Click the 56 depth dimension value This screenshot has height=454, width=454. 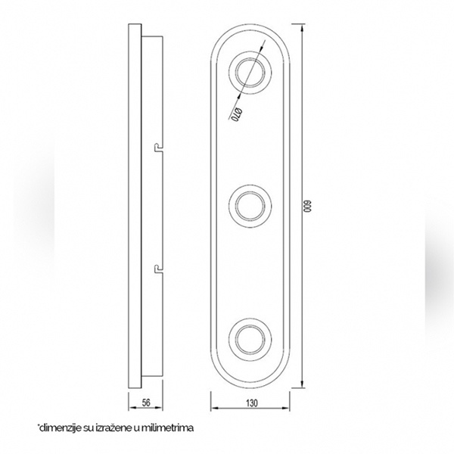pos(146,403)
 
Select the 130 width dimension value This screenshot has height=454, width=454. pos(252,403)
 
